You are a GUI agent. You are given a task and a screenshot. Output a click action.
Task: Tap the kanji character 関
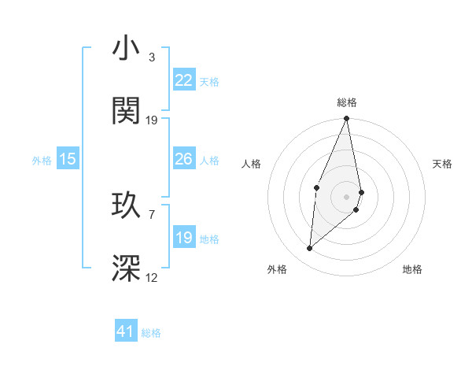(x=127, y=111)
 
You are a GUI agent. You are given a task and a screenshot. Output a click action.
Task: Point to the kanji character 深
(x=127, y=268)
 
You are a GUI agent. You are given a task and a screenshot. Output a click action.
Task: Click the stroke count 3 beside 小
(x=152, y=57)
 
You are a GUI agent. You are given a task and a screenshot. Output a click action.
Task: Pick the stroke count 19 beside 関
(x=152, y=120)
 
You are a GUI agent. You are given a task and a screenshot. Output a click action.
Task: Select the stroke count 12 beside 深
(x=152, y=277)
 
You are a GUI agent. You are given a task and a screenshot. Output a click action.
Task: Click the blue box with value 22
(x=184, y=80)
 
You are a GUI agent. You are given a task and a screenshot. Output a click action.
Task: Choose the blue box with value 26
(x=184, y=159)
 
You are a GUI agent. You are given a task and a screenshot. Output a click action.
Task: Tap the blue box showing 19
(x=184, y=238)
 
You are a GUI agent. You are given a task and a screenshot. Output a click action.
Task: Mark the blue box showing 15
(x=68, y=159)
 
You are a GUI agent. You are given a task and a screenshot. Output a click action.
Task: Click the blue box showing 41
(x=126, y=331)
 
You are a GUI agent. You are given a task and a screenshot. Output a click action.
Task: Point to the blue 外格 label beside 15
(x=42, y=161)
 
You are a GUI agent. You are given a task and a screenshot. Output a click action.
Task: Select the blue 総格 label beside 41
(x=151, y=333)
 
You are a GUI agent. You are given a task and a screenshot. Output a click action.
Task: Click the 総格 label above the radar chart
(x=347, y=103)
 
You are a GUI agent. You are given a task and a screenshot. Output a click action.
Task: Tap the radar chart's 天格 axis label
(x=443, y=164)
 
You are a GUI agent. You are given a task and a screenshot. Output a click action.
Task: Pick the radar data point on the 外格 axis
(x=310, y=249)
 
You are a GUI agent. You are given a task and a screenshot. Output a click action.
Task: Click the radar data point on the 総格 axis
(x=347, y=119)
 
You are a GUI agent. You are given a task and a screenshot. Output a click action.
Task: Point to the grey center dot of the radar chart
(x=347, y=196)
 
